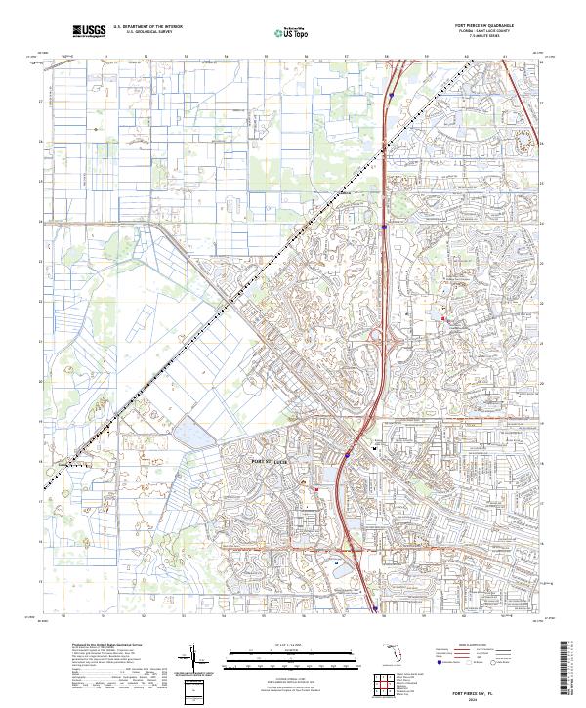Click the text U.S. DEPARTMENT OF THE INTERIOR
point(147,26)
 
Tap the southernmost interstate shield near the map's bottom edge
point(375,609)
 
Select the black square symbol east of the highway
point(376,448)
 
